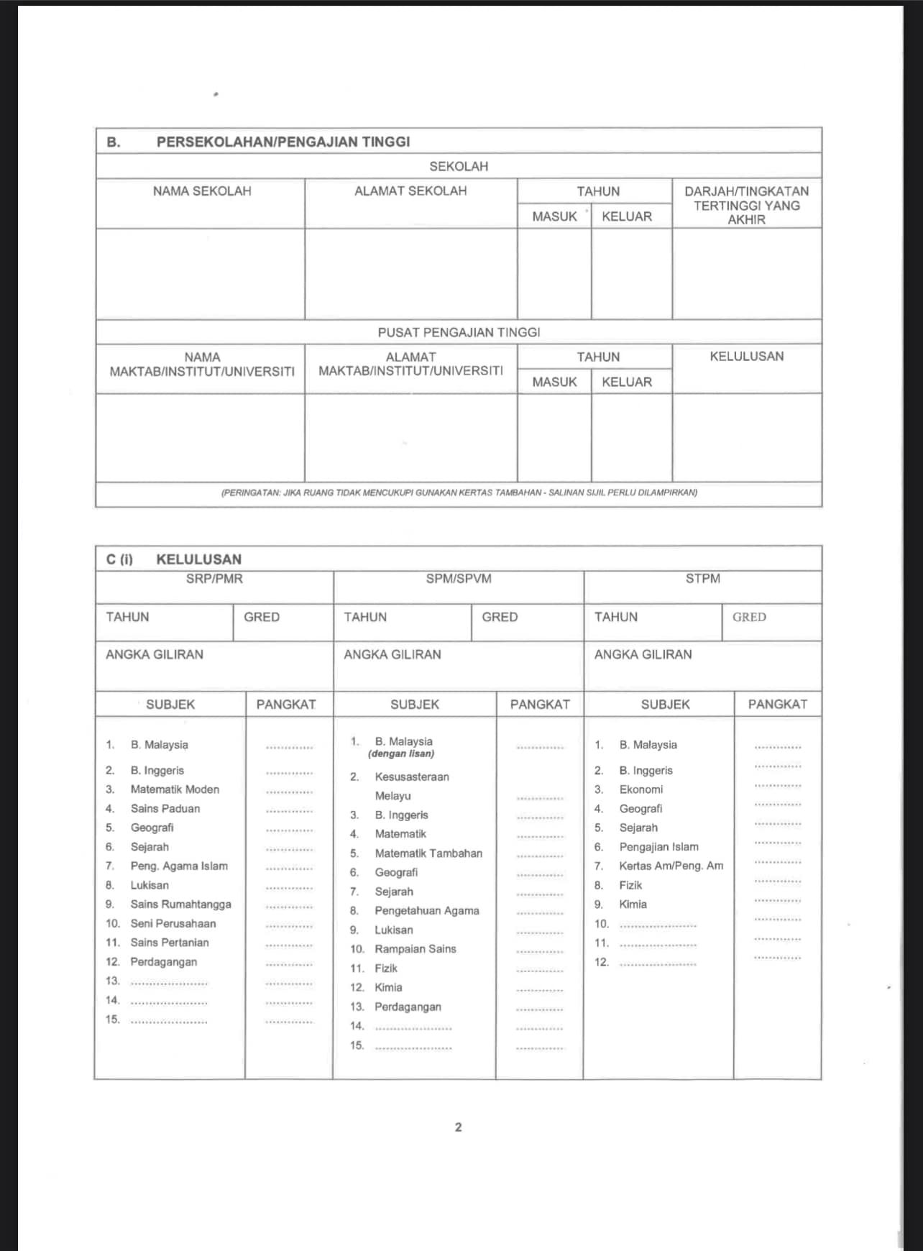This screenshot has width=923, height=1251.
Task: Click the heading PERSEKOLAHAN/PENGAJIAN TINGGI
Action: tap(283, 142)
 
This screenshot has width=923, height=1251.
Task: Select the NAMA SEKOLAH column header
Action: tap(202, 191)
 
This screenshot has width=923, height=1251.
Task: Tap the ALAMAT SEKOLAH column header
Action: tap(410, 191)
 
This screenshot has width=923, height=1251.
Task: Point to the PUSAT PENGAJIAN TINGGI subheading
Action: tap(459, 332)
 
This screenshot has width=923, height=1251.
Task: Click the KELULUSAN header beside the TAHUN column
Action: tap(746, 357)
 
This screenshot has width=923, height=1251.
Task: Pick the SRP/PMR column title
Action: tap(214, 579)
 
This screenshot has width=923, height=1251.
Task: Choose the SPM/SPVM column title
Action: tap(459, 579)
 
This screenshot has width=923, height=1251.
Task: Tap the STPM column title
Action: tap(702, 579)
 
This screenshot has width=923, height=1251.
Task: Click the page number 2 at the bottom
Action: tap(459, 1127)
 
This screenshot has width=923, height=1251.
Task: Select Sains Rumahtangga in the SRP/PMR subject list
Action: tap(180, 904)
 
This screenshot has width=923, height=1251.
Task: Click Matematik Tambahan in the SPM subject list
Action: tap(428, 853)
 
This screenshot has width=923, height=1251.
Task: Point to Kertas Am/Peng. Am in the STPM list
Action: tap(671, 866)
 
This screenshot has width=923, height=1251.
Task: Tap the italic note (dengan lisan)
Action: tap(401, 754)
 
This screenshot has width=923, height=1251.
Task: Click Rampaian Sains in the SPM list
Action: tap(415, 949)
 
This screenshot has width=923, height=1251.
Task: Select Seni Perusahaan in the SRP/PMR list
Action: tap(173, 924)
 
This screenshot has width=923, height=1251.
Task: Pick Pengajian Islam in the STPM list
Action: tap(658, 847)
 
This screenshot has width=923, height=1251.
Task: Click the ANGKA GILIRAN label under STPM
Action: tap(643, 655)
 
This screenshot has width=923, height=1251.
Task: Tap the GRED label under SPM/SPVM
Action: tap(500, 618)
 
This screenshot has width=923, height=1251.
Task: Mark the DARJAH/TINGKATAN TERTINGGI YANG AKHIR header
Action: tap(746, 206)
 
